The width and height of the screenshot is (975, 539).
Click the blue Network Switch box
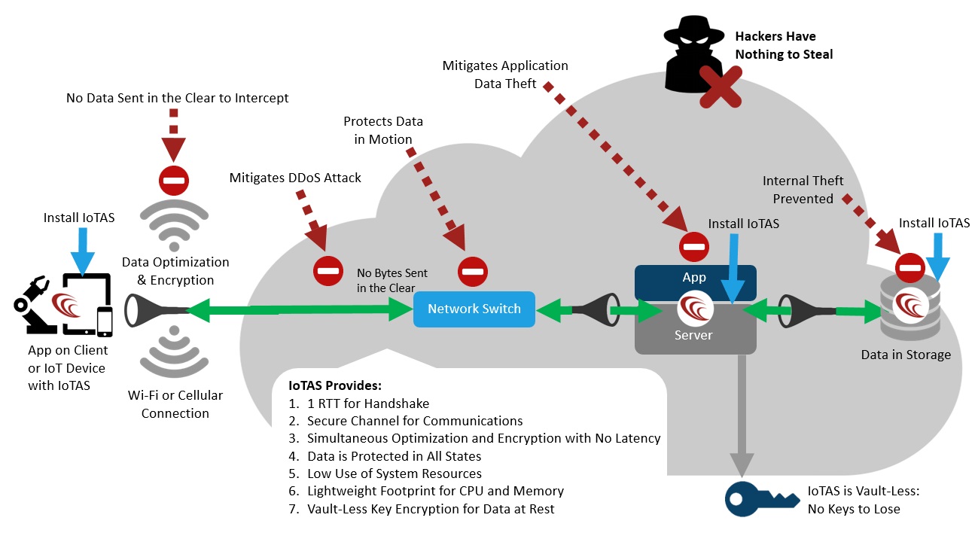474,309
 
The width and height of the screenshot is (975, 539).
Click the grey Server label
693,335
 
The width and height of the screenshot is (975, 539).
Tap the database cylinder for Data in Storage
916,309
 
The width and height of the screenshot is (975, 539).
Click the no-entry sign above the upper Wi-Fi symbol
172,181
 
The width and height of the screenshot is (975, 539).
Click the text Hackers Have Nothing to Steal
783,45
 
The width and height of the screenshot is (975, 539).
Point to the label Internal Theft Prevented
803,190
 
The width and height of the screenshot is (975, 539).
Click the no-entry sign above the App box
693,245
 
